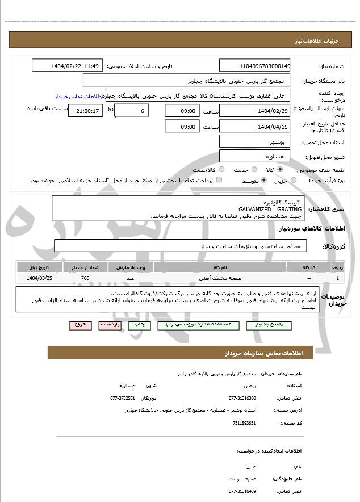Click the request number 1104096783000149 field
coord(254,66)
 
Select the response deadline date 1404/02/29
coord(254,111)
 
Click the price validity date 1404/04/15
coord(254,127)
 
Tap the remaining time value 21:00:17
coord(86,111)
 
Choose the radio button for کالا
coord(279,170)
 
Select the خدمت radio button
coord(252,170)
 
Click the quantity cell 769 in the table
coord(85,278)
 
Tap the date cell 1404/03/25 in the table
coord(39,278)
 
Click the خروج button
coord(79,324)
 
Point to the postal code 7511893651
coord(244,423)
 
